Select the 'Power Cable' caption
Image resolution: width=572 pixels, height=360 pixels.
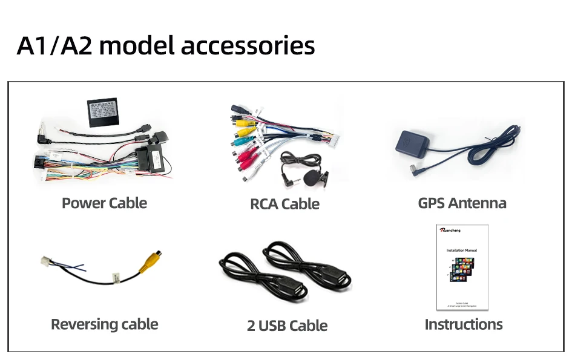[104, 203]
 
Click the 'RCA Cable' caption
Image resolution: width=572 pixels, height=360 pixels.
[284, 204]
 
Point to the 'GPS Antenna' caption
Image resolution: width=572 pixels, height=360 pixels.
[462, 203]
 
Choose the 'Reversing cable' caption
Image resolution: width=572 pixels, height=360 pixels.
[104, 324]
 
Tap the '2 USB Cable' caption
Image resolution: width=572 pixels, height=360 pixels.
[287, 326]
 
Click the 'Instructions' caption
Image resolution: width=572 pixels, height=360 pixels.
[464, 324]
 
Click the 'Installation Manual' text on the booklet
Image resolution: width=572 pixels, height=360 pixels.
[462, 250]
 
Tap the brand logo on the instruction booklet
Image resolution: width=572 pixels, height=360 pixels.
[450, 230]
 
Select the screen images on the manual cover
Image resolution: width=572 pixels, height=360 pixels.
[462, 272]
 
